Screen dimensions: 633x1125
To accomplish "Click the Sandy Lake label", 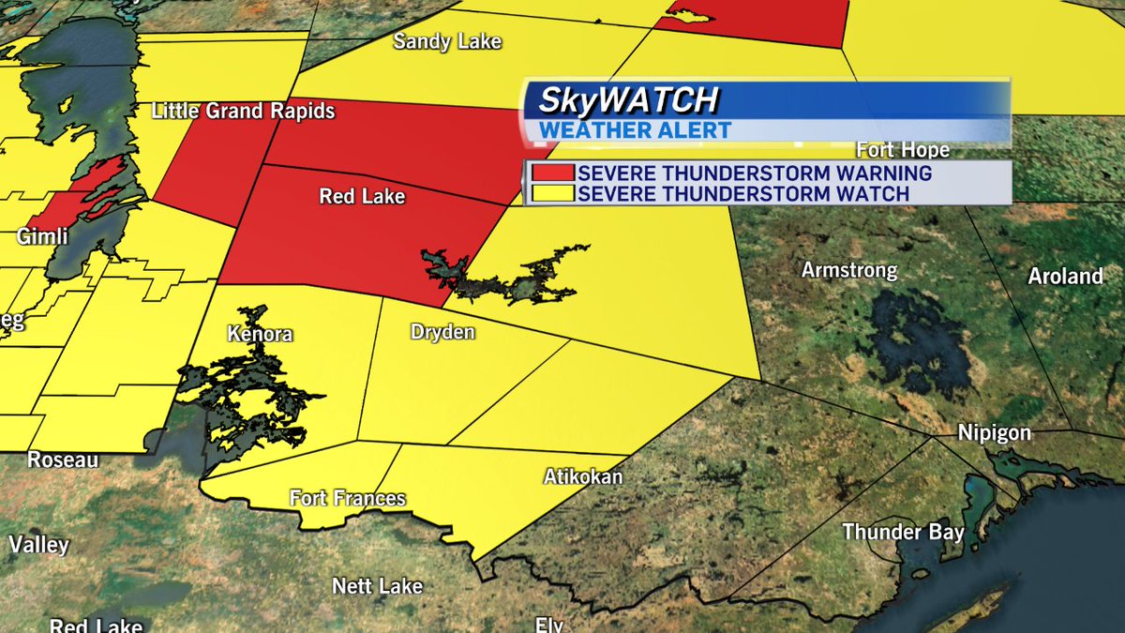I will tap(447, 41).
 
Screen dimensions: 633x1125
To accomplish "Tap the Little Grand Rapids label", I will tap(244, 112).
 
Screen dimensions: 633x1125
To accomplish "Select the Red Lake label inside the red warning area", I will tap(362, 196).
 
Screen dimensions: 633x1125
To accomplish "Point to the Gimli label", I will tap(42, 237).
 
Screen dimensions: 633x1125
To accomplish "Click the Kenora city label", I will tap(260, 334).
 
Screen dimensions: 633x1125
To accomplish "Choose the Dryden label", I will tap(442, 332).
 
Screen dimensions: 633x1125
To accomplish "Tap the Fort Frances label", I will tap(347, 498).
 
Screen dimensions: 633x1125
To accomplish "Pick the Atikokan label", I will tap(583, 476).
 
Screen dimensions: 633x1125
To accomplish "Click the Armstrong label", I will tap(849, 271).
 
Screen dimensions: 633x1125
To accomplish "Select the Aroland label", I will tap(1066, 277).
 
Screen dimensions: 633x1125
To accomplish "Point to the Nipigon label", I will tap(994, 433).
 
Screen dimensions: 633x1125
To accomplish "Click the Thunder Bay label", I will tap(903, 533).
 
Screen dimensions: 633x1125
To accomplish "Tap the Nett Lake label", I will tap(378, 587).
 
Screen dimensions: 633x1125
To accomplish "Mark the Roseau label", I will tap(63, 460).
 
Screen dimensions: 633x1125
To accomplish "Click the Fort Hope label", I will tap(904, 150).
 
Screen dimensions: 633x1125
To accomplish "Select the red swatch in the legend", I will tap(552, 173).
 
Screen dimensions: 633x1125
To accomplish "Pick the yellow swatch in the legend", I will tap(552, 193).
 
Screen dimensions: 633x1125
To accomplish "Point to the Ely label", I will tap(549, 625).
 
